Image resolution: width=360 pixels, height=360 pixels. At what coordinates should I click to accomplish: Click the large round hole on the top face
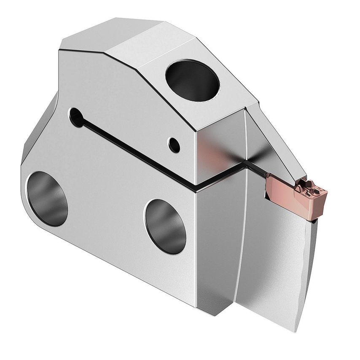[192, 81]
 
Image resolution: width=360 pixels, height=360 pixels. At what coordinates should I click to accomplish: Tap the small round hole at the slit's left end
[76, 117]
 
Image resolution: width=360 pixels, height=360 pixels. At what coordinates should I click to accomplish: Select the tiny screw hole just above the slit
[173, 145]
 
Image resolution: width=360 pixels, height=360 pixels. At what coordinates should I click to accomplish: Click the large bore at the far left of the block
[47, 199]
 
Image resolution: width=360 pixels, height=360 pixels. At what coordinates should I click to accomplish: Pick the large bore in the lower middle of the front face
[165, 226]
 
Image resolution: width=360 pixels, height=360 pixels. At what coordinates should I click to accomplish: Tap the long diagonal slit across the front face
[135, 152]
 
